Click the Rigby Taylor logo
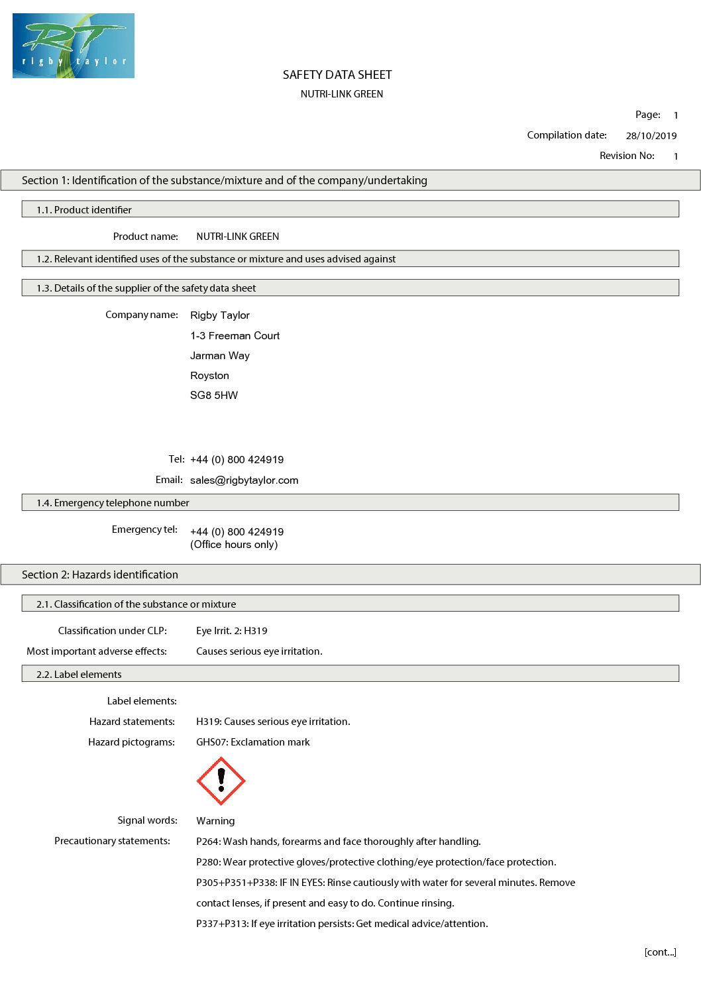(x=73, y=46)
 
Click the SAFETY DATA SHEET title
(x=337, y=75)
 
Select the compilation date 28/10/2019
(x=651, y=136)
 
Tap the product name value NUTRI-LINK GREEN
(x=237, y=237)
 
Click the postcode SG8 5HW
(x=213, y=396)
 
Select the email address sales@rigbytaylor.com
(x=244, y=480)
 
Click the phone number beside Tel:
(x=237, y=460)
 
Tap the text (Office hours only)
(x=234, y=545)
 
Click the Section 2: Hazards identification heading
(x=100, y=575)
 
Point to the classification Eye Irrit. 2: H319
(x=231, y=631)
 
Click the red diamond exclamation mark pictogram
(x=221, y=781)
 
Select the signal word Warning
(x=215, y=821)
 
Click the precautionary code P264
(x=207, y=842)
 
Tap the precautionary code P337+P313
(x=221, y=924)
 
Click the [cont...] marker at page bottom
(x=660, y=952)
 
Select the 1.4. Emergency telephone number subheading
(x=113, y=503)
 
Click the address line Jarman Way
(x=219, y=356)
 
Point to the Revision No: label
(x=627, y=156)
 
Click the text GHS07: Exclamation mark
(x=252, y=742)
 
